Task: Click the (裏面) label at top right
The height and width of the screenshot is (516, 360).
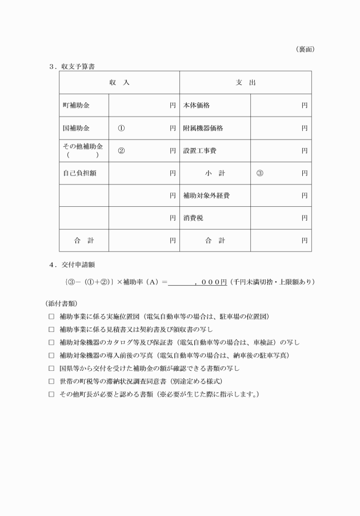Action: click(x=305, y=50)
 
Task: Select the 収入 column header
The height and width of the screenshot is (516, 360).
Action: click(x=119, y=83)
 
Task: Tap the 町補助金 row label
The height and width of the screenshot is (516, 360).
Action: click(x=77, y=106)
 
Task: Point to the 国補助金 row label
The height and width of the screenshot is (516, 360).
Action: click(x=77, y=128)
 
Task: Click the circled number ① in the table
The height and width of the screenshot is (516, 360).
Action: click(x=121, y=128)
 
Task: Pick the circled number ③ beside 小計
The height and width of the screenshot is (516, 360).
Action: click(x=260, y=173)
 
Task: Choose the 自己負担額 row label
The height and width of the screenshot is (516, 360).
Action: click(x=79, y=173)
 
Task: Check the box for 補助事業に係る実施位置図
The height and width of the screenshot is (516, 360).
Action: click(x=51, y=316)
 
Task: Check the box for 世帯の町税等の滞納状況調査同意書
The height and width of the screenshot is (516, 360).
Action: click(x=51, y=381)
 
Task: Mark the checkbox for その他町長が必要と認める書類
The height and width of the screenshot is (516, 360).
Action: click(x=51, y=394)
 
